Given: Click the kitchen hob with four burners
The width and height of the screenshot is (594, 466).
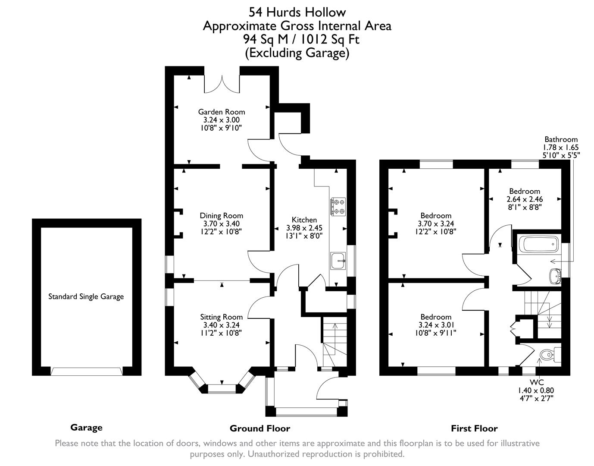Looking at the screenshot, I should point(338,206).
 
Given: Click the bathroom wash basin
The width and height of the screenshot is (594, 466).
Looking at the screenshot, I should point(554,275).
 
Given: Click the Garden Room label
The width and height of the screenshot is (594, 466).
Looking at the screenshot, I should point(221,112).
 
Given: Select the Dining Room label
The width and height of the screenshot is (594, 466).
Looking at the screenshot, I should point(221,216).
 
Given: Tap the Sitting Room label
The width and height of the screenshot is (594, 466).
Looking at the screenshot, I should point(221,317).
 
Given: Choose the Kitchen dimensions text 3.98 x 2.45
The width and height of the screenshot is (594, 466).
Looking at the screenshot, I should point(304,228).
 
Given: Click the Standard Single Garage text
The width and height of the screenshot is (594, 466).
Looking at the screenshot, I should point(86,296).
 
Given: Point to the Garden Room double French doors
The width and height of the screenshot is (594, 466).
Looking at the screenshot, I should point(222,84).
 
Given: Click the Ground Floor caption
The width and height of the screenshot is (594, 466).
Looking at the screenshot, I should point(259,428).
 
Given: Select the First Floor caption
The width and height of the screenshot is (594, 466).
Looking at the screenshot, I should point(474,428).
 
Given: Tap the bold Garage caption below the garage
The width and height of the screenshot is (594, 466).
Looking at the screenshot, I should point(86,428).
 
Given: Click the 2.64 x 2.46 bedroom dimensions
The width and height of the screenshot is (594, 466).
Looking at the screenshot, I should point(524,199).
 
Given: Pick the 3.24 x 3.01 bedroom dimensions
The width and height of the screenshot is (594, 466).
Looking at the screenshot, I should point(436,325).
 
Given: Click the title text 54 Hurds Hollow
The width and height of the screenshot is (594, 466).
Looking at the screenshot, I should point(297,12).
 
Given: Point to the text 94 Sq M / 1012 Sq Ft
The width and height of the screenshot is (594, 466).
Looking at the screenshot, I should point(301,39).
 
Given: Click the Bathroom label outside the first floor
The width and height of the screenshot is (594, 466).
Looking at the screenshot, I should point(561,139).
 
